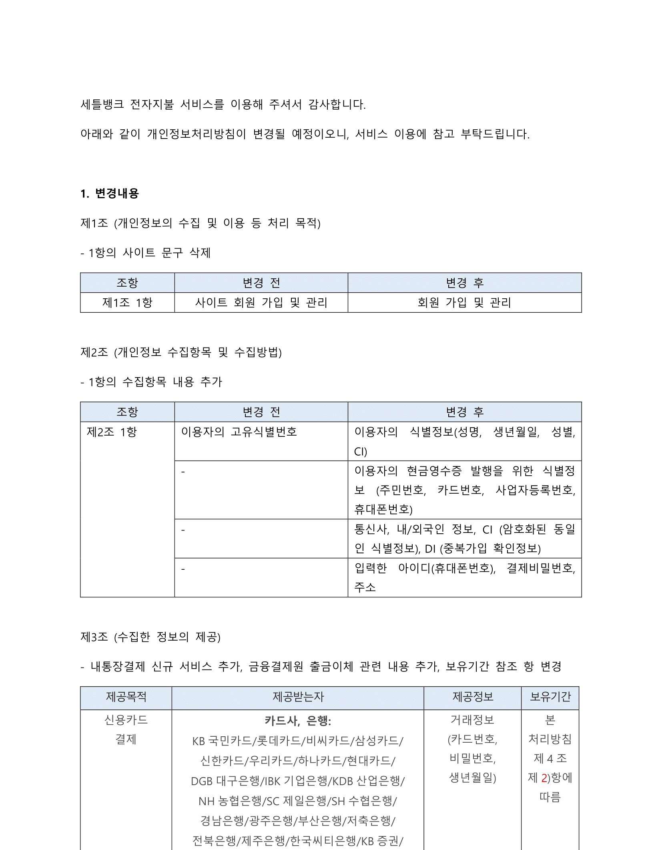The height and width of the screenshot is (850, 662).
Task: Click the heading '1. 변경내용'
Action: (109, 194)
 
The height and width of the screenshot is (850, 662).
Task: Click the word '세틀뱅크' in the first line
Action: (102, 104)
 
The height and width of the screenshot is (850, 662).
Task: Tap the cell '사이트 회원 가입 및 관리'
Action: (261, 303)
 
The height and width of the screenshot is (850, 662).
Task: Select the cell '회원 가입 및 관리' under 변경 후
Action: (464, 303)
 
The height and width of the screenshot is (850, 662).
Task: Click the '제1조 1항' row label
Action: (127, 303)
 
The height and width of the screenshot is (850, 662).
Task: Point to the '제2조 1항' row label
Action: (112, 432)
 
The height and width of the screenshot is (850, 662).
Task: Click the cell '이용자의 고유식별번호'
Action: (239, 432)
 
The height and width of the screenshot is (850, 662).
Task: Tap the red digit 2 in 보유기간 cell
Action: (544, 778)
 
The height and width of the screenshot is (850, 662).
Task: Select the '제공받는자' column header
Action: (298, 697)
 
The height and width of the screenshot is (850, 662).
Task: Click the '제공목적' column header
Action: (126, 697)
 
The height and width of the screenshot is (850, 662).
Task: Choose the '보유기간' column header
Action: (550, 697)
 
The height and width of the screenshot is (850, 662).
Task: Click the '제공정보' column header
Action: (473, 697)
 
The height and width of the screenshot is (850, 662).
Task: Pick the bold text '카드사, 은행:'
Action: (298, 721)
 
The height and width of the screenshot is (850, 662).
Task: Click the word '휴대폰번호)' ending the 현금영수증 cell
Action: (383, 509)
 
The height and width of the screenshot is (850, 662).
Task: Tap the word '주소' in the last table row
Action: (365, 587)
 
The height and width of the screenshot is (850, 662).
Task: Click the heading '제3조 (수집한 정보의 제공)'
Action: (150, 637)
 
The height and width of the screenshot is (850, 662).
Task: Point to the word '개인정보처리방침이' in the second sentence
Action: (196, 134)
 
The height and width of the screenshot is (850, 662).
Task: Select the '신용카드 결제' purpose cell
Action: (126, 729)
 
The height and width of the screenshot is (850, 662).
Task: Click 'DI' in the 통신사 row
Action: (430, 549)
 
